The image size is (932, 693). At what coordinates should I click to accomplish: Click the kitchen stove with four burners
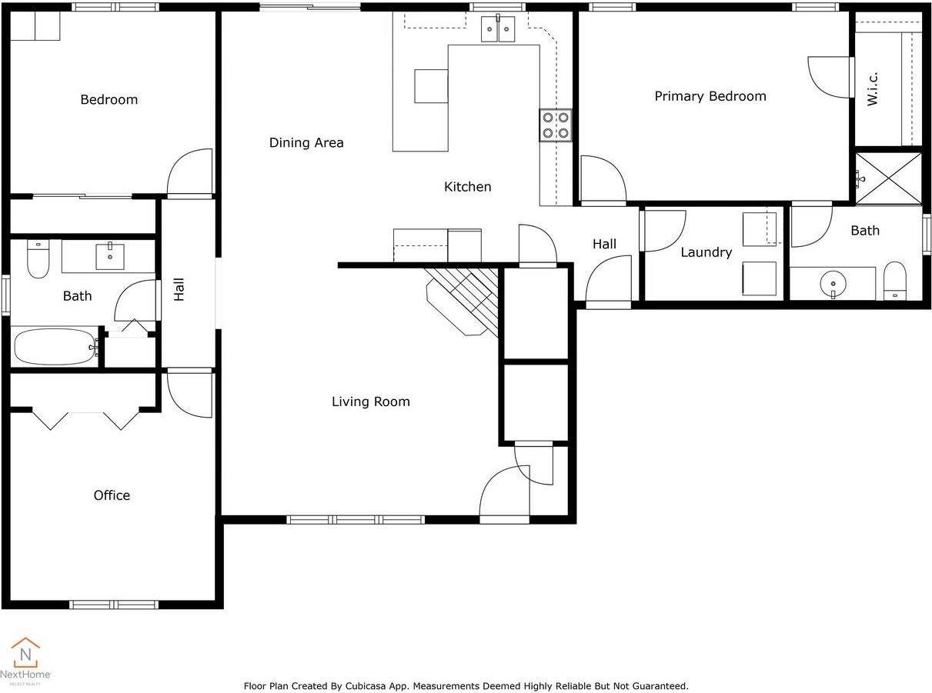(555, 125)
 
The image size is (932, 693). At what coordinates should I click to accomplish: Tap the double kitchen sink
(498, 29)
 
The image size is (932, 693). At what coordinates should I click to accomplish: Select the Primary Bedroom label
(710, 96)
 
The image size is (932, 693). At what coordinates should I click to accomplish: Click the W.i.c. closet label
(872, 88)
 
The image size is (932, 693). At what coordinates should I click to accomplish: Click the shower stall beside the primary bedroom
(888, 178)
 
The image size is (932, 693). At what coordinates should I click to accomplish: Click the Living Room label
(370, 401)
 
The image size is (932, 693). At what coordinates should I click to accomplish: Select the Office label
(112, 495)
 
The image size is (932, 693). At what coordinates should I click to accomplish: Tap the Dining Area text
(306, 142)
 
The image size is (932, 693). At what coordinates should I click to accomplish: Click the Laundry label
(706, 252)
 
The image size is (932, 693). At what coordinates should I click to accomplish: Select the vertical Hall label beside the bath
(179, 289)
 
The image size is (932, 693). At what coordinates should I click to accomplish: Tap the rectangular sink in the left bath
(110, 256)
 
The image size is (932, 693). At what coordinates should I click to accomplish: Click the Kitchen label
(467, 187)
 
